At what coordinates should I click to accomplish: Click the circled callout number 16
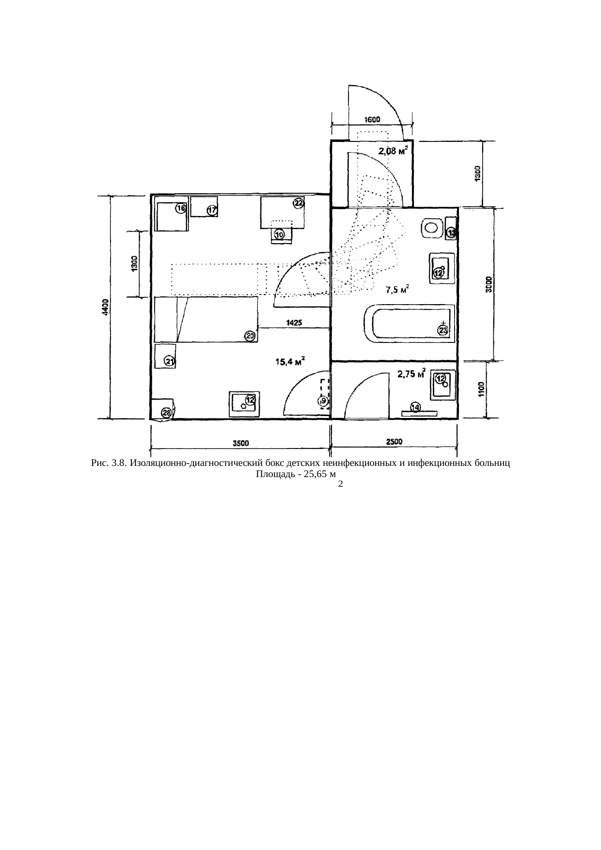coord(180,209)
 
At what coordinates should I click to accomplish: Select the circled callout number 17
coord(212,211)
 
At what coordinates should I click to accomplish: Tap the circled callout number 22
coord(298,203)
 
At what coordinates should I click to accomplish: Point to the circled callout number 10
coord(280,234)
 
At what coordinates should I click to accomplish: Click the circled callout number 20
coord(250,336)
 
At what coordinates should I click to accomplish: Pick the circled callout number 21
coord(170,361)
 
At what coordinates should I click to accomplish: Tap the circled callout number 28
coord(167,413)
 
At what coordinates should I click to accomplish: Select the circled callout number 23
coord(443,330)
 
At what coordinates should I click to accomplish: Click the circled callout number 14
coord(416,407)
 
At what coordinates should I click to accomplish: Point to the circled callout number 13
coord(452,233)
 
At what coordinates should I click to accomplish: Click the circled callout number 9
coord(323,401)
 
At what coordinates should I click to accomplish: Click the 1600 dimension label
coord(372,119)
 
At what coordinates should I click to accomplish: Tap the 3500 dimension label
coord(241,443)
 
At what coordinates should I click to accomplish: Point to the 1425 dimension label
coord(294,322)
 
